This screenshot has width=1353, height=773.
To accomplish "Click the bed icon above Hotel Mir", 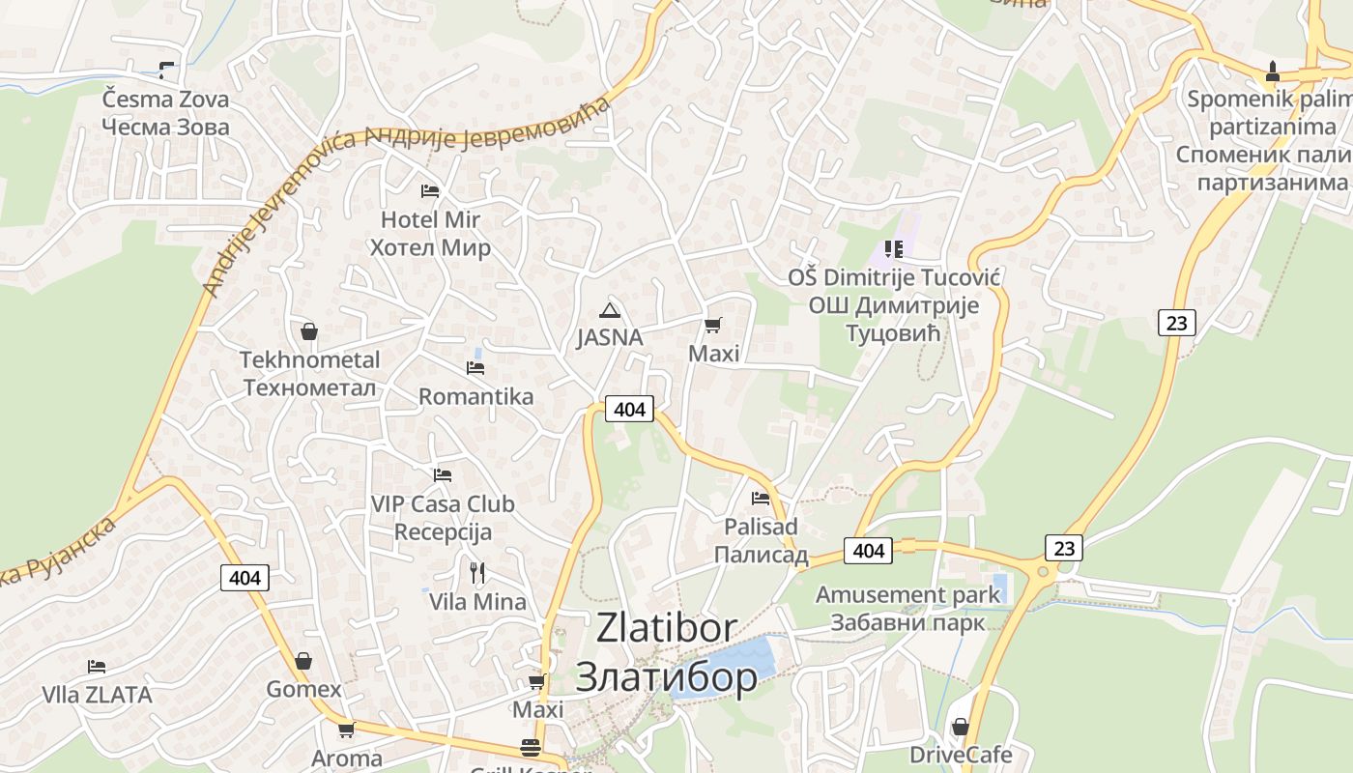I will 430,191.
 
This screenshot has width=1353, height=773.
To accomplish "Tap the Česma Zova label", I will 166,100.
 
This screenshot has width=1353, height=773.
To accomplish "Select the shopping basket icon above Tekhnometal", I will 309,332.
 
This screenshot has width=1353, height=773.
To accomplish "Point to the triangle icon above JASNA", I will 609,310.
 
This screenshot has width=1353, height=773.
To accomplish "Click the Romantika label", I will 475,396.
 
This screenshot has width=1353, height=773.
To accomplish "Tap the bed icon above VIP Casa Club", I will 443,475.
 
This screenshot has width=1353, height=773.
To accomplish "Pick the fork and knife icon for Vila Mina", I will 476,573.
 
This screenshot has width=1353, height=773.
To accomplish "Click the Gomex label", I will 303,689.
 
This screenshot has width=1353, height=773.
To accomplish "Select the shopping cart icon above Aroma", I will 346,730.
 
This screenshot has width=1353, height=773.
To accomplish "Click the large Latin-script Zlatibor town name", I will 667,628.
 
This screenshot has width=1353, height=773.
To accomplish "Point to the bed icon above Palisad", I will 761,499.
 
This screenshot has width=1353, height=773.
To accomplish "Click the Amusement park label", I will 907,594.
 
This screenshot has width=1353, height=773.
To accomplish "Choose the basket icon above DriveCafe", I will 961,727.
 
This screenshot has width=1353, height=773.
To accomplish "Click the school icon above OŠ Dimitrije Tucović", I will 894,249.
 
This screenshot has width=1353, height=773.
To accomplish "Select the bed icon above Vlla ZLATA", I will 96,667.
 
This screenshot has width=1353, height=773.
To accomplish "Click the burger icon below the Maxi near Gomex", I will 530,748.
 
